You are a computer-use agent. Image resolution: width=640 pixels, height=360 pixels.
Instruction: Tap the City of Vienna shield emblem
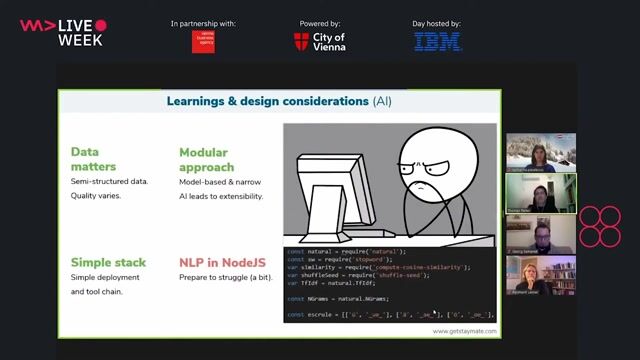[x=301, y=42]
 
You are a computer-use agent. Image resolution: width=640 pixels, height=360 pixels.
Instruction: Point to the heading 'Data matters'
[x=93, y=159]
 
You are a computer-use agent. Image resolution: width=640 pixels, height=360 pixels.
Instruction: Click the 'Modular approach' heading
[x=206, y=159]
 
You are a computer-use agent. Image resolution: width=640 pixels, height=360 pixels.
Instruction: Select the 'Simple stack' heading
[x=108, y=263]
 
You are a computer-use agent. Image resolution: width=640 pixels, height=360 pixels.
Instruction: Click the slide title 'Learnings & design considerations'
[x=267, y=101]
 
